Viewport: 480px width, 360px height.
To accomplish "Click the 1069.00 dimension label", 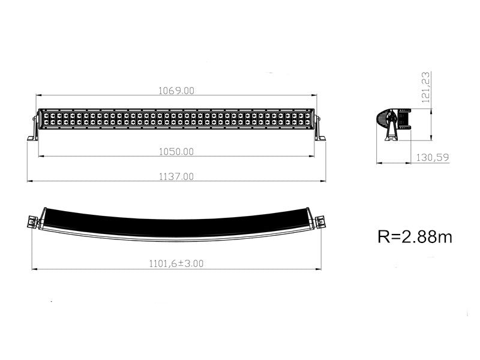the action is pos(176,91).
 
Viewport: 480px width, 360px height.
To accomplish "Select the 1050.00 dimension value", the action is pos(176,152).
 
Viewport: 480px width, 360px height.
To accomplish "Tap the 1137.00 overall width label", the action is pos(176,176).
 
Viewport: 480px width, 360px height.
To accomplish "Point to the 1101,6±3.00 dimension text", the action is pos(176,263).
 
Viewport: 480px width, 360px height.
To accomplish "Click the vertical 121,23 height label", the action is pos(426,87).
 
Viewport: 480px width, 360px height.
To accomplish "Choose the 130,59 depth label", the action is pos(433,157).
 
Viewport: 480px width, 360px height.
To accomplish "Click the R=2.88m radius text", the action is pos(415,236).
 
